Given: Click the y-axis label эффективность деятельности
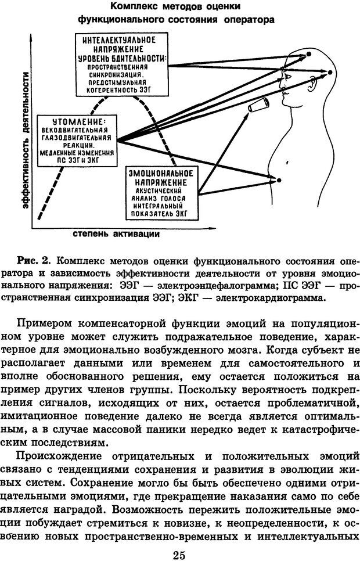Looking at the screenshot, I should click(25, 139).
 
